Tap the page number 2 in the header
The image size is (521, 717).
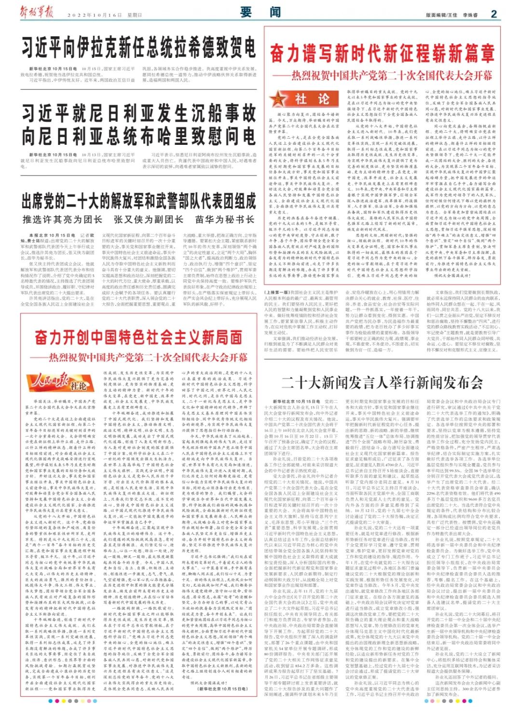point(494,14)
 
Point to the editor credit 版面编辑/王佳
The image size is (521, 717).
point(441,15)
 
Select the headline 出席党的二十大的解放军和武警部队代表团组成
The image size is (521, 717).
point(138,200)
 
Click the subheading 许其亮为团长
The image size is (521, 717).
point(62,220)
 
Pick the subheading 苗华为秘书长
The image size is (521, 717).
point(224,220)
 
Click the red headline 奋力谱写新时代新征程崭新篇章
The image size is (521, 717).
point(382,53)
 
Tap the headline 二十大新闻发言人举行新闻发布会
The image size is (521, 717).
point(382,382)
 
